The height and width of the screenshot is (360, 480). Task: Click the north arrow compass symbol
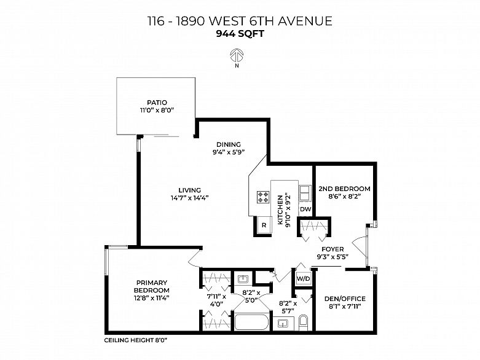[237, 55]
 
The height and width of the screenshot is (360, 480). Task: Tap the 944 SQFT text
[240, 34]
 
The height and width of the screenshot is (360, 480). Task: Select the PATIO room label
[157, 103]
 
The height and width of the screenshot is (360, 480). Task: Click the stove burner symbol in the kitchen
[263, 197]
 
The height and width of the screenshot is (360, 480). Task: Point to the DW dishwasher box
[305, 209]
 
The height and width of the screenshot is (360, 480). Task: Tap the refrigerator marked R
[264, 225]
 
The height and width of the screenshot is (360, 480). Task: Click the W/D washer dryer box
[304, 279]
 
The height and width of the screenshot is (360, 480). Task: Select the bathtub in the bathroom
[251, 322]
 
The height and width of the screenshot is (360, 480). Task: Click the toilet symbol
[304, 323]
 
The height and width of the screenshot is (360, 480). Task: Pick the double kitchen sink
[305, 193]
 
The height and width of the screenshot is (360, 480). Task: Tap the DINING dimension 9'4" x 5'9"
[229, 152]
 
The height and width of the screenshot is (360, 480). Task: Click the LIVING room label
[190, 190]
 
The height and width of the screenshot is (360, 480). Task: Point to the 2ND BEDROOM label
[344, 189]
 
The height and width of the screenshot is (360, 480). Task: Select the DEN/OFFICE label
[345, 299]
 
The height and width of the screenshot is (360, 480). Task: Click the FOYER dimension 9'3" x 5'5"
[332, 257]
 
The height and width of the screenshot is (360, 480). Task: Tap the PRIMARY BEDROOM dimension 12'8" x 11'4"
[152, 297]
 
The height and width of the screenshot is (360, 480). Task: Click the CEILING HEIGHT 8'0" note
[136, 340]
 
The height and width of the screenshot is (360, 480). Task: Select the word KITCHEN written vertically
[280, 210]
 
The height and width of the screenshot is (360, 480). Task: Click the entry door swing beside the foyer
[360, 247]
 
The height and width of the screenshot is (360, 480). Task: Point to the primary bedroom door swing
[194, 259]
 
